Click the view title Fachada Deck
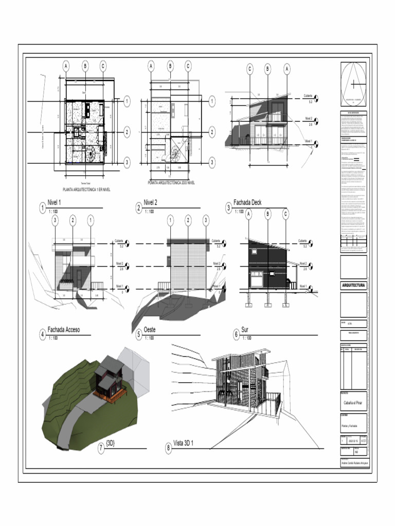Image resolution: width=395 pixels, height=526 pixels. click(247, 202)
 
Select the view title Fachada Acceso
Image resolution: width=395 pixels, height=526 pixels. click(64, 330)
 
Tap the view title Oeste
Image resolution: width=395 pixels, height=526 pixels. click(150, 330)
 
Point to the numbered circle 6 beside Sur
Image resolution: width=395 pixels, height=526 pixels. click(236, 334)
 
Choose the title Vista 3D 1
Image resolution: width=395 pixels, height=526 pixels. click(186, 443)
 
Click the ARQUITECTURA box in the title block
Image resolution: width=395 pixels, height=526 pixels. click(353, 286)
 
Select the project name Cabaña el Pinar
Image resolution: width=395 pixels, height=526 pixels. click(353, 403)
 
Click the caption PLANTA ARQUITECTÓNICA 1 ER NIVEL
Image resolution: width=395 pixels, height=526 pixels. click(86, 189)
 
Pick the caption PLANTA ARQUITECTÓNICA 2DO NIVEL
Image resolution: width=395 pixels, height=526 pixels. click(171, 182)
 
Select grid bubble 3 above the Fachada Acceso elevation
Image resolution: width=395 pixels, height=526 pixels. click(55, 221)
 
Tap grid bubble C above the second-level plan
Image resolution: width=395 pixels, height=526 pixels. click(188, 66)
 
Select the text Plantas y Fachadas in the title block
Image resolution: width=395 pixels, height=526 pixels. click(350, 427)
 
